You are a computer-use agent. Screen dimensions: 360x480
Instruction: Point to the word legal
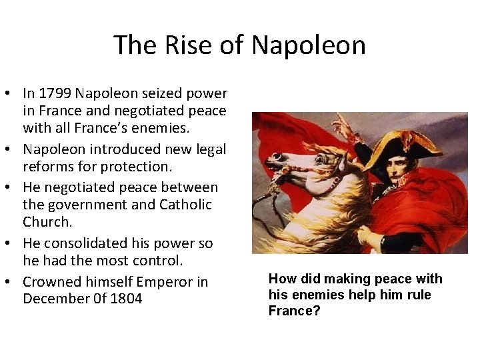[207, 150]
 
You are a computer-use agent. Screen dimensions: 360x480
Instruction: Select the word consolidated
[91, 243]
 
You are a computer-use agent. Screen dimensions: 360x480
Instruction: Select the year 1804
[125, 299]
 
